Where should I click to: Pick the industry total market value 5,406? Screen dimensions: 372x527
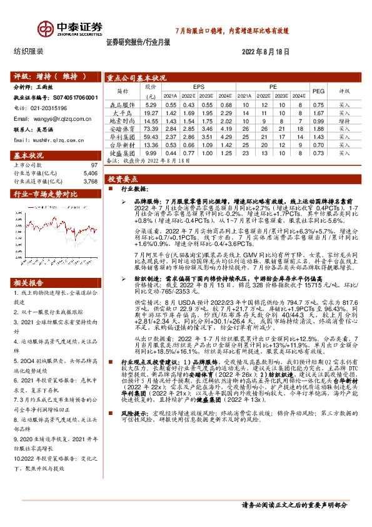point(91,173)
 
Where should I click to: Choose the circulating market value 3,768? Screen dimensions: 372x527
point(91,181)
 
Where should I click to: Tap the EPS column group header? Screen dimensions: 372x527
point(198,86)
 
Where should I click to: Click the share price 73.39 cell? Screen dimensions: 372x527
point(150,128)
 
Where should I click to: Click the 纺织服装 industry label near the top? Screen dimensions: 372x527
point(29,52)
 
